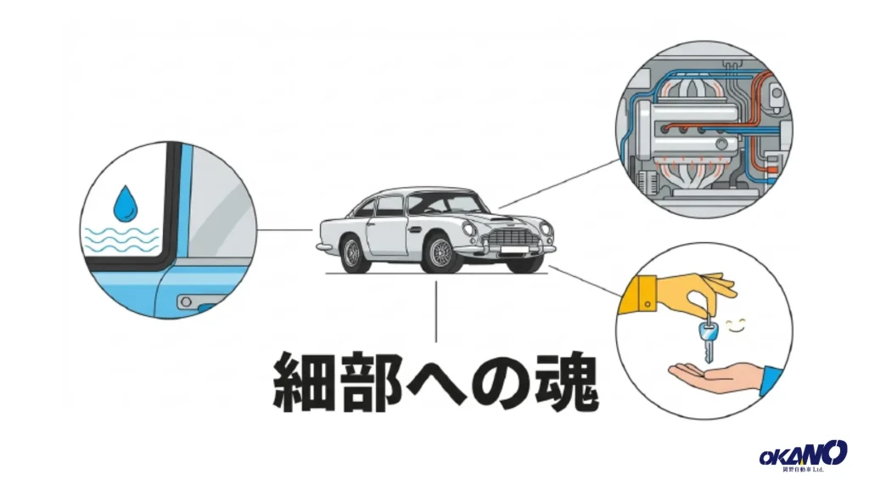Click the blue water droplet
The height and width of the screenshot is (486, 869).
coord(126,202)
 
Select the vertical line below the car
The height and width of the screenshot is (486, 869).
coord(436,311)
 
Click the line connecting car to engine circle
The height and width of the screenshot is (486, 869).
coord(560,184)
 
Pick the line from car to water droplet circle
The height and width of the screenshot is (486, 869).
coord(284,229)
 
